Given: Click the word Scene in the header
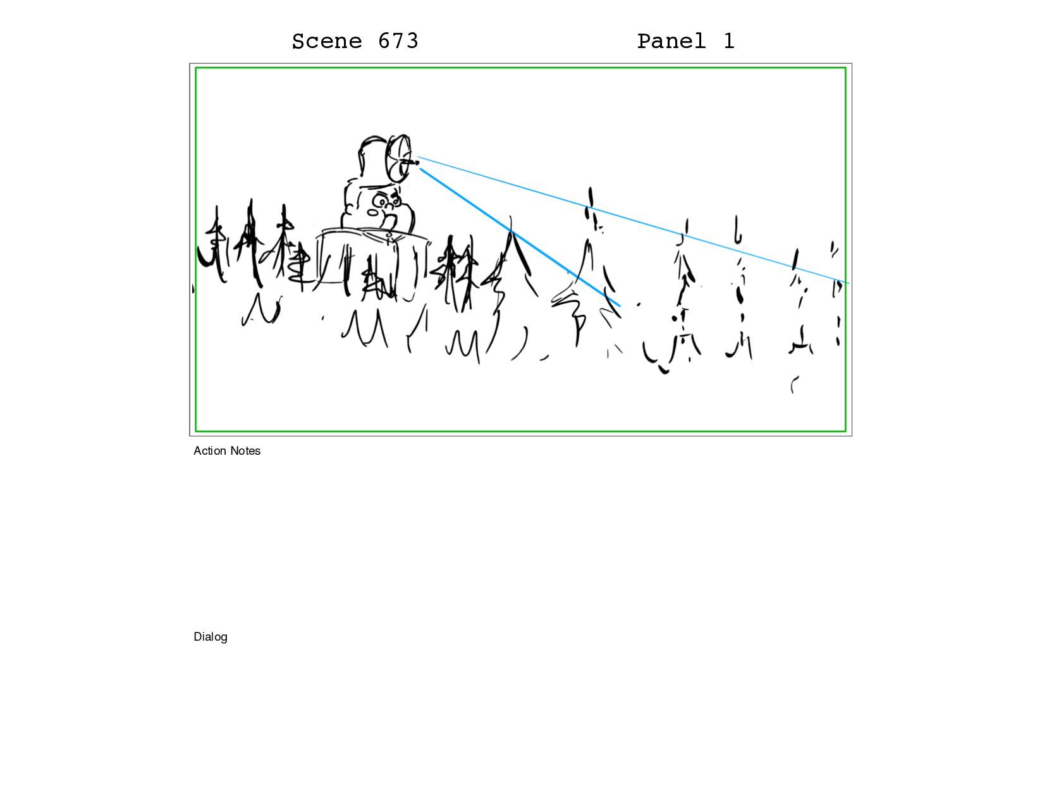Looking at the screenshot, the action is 326,41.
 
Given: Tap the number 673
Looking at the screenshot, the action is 398,41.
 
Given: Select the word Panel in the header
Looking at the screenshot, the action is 671,41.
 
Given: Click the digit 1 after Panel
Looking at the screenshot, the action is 729,41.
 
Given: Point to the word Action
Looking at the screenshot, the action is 210,451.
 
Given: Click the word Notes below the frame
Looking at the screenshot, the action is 245,451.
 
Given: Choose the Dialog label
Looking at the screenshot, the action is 211,637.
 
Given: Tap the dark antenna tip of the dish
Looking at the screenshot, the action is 415,163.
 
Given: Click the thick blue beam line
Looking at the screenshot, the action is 520,237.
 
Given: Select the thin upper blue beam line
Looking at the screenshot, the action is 633,220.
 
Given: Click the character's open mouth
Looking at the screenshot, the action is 389,222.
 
